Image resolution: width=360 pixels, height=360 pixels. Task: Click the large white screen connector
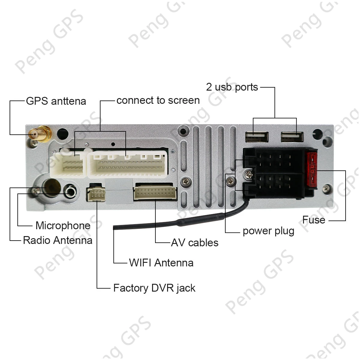pos(127,165)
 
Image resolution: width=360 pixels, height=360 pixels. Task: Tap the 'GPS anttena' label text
pos(56,101)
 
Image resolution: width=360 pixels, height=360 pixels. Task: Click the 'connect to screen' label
pos(158,100)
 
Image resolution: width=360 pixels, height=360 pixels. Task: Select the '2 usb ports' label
pos(232,87)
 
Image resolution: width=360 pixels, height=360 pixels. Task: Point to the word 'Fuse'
pos(313,220)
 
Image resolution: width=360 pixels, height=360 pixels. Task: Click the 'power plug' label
pos(268,231)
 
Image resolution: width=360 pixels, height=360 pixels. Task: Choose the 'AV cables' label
pos(195,242)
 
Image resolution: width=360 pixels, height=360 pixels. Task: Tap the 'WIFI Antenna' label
pos(161,263)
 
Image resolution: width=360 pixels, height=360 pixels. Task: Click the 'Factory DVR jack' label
pos(154,288)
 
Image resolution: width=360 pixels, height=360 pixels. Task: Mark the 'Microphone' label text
pos(63,226)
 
